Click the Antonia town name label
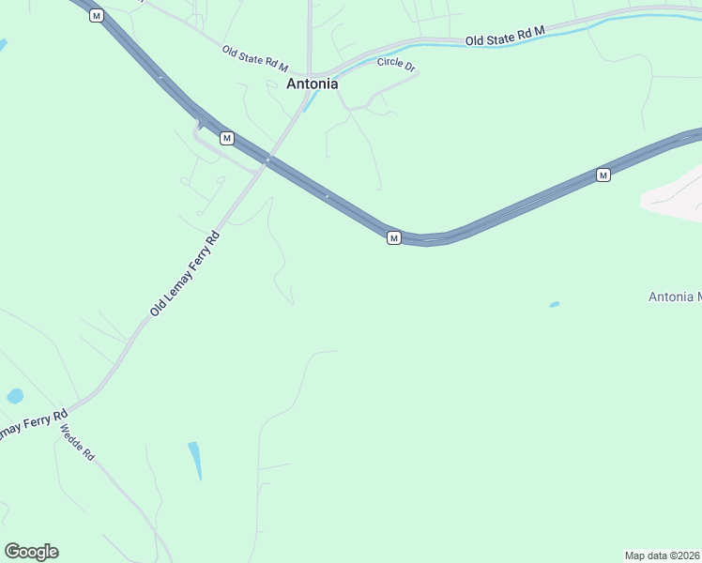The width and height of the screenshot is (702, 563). pyautogui.click(x=312, y=84)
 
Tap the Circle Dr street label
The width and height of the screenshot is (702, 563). pyautogui.click(x=396, y=62)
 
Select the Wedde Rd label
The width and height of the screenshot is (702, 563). pyautogui.click(x=78, y=442)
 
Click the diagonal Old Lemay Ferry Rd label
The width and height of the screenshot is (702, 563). pyautogui.click(x=185, y=273)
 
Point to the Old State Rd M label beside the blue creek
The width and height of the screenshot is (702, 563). pyautogui.click(x=506, y=35)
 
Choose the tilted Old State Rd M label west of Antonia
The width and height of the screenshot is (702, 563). pyautogui.click(x=254, y=58)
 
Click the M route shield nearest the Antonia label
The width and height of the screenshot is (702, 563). pyautogui.click(x=226, y=138)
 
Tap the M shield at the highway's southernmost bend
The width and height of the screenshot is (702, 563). pyautogui.click(x=394, y=238)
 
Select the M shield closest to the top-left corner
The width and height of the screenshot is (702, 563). pyautogui.click(x=96, y=15)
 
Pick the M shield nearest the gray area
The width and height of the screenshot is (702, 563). pyautogui.click(x=603, y=175)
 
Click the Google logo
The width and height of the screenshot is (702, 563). pyautogui.click(x=31, y=552)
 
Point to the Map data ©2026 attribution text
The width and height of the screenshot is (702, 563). pyautogui.click(x=663, y=555)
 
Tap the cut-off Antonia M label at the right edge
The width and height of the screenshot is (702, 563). pyautogui.click(x=675, y=297)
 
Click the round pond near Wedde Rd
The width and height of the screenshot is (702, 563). pyautogui.click(x=15, y=396)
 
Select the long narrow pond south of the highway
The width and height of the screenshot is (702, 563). pyautogui.click(x=195, y=460)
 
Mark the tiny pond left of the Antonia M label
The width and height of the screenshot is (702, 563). pyautogui.click(x=554, y=304)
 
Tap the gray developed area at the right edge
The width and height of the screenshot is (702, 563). pyautogui.click(x=676, y=195)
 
